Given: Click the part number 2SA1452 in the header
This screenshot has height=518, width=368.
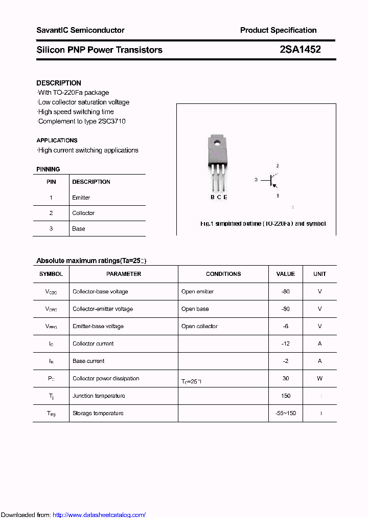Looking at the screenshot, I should pyautogui.click(x=300, y=50).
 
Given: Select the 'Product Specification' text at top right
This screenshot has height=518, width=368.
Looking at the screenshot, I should pyautogui.click(x=278, y=30).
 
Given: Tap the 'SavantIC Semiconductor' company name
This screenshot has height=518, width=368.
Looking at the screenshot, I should pyautogui.click(x=80, y=30).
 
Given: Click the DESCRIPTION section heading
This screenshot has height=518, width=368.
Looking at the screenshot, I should pyautogui.click(x=59, y=83).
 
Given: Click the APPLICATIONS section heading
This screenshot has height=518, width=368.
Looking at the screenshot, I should pyautogui.click(x=57, y=140).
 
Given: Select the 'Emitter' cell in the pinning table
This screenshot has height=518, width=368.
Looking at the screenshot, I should pyautogui.click(x=81, y=198).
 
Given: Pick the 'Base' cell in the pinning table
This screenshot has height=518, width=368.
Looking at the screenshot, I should pyautogui.click(x=79, y=229).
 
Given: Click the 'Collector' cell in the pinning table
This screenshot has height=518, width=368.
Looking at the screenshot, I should pyautogui.click(x=83, y=213).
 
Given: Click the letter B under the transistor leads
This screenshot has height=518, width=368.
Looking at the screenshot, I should pyautogui.click(x=213, y=197).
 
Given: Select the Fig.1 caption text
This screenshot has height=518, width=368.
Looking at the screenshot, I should pyautogui.click(x=263, y=224).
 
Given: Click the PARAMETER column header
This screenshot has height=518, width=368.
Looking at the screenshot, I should pyautogui.click(x=124, y=274).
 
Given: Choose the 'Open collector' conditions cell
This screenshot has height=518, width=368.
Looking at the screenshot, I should pyautogui.click(x=199, y=326).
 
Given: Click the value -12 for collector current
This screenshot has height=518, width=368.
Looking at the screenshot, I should pyautogui.click(x=286, y=343).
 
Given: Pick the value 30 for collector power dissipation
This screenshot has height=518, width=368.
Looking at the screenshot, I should pyautogui.click(x=286, y=378).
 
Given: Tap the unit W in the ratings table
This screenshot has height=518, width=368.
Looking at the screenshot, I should pyautogui.click(x=320, y=378).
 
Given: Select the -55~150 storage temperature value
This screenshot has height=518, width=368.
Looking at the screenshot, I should pyautogui.click(x=286, y=413).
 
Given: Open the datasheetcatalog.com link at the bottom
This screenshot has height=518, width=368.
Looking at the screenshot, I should pyautogui.click(x=99, y=515).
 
